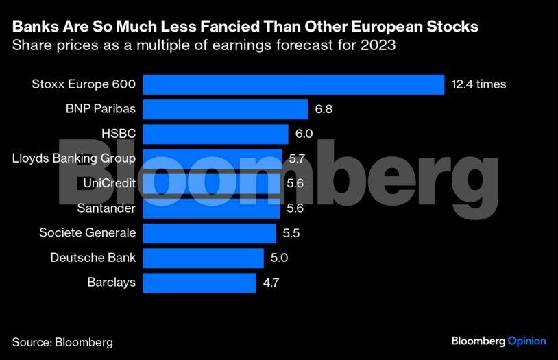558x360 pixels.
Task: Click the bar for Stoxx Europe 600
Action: click(295, 84)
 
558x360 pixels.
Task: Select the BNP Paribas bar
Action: click(226, 109)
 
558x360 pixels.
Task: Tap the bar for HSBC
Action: click(217, 134)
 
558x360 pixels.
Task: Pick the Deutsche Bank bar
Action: click(204, 258)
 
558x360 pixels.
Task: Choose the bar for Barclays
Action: click(200, 283)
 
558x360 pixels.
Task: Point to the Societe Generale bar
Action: click(210, 233)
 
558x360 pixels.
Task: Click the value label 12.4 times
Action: click(478, 84)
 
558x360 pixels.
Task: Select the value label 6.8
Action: click(324, 109)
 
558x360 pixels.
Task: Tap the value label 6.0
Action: click(304, 134)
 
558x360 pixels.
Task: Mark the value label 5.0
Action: click(279, 258)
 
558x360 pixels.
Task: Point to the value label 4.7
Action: click(271, 283)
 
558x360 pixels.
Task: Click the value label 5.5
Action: click(291, 233)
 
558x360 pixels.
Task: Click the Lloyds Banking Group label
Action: click(74, 158)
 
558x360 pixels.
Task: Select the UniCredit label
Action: click(109, 183)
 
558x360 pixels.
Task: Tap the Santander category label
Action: click(106, 208)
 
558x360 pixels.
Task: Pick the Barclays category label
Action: click(111, 282)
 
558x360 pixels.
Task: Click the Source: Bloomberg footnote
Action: click(62, 341)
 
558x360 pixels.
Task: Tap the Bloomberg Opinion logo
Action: click(498, 341)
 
